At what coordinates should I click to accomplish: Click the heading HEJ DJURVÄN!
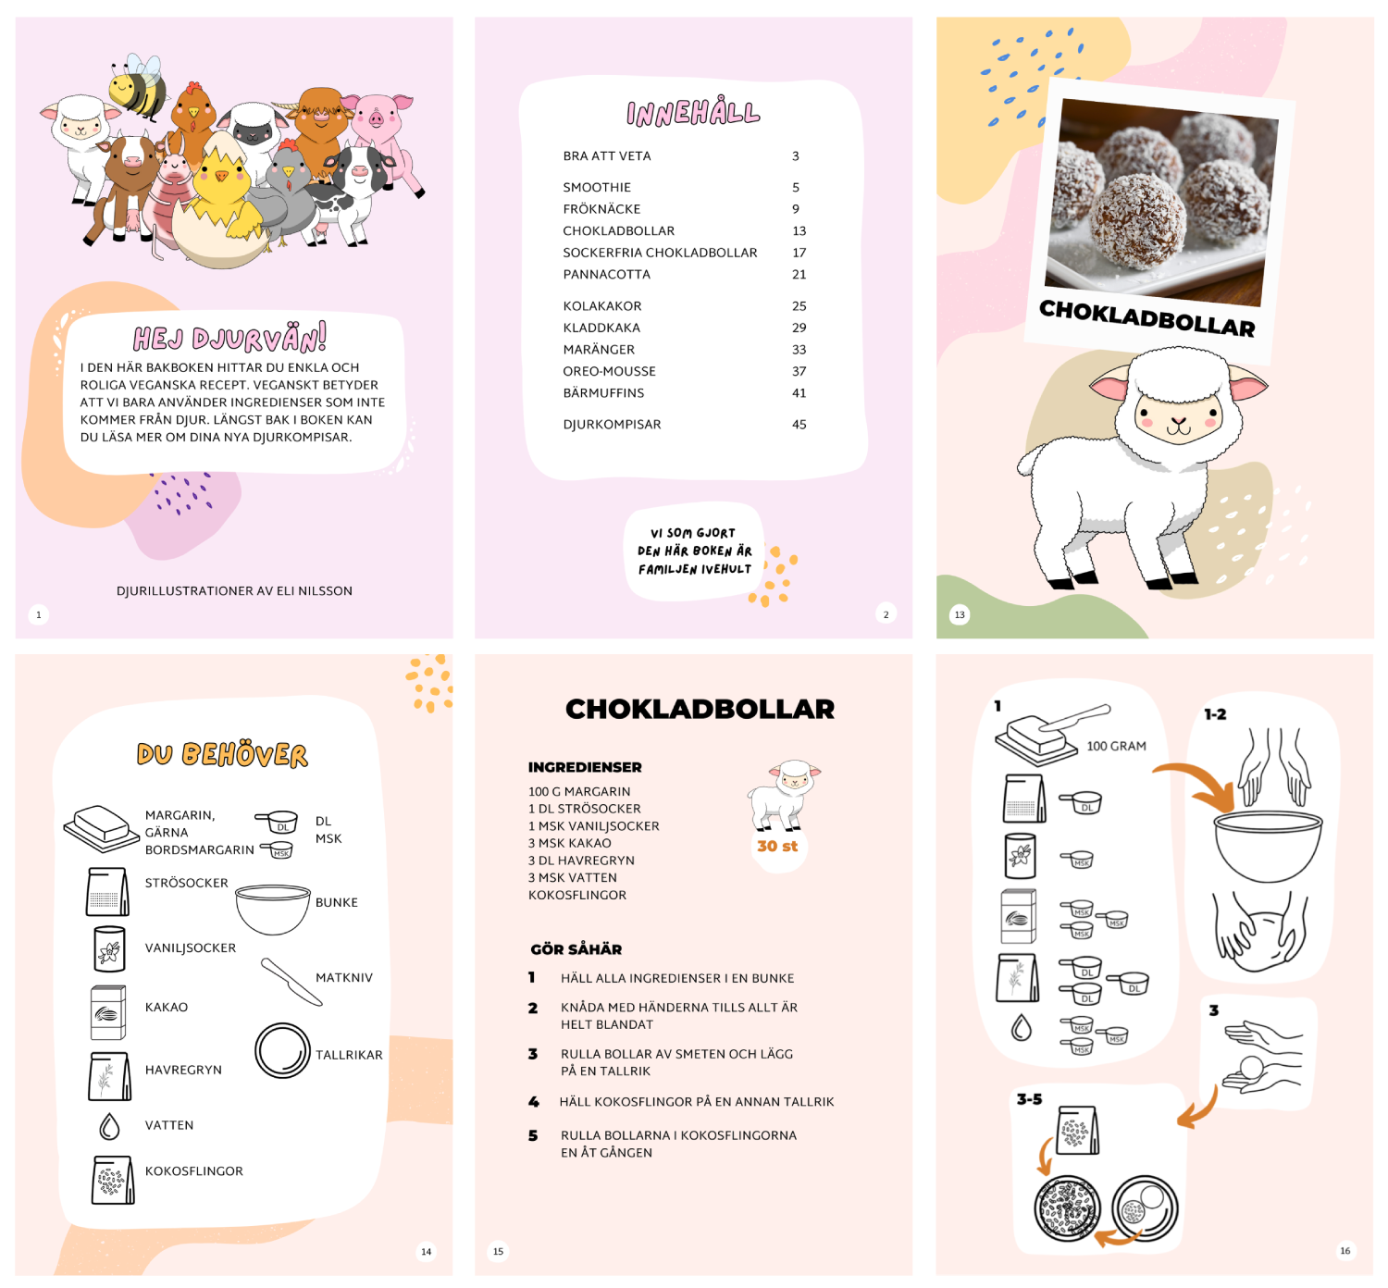click(229, 338)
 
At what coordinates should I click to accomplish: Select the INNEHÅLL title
click(693, 113)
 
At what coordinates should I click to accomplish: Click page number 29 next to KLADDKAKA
click(799, 328)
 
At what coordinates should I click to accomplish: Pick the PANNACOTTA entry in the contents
click(606, 274)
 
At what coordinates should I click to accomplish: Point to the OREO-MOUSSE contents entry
click(609, 371)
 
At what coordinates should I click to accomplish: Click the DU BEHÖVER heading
click(222, 755)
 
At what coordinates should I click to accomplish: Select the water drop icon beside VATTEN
click(109, 1126)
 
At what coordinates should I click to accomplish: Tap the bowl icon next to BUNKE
click(272, 909)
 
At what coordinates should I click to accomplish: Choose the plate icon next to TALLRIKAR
click(282, 1050)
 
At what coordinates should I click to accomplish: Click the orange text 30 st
click(776, 846)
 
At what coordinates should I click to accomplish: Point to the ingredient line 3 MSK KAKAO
click(569, 843)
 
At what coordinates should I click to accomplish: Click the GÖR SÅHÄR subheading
click(576, 949)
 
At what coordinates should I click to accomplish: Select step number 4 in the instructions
click(533, 1101)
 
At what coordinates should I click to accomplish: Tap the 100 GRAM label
click(1116, 746)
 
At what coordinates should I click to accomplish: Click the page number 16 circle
click(1345, 1250)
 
